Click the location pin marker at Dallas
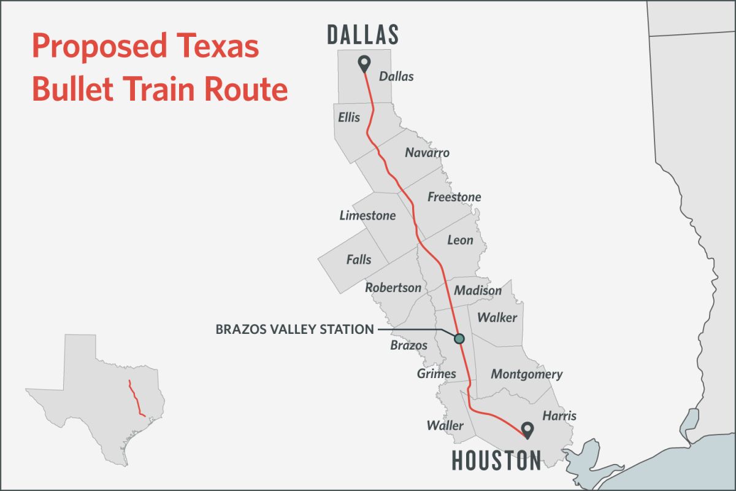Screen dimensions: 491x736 point(364,63)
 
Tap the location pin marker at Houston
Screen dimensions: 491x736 point(526,430)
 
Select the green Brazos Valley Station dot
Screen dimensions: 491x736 point(459,338)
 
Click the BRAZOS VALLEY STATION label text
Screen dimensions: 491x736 point(294,330)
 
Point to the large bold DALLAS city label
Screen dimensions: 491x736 point(363,34)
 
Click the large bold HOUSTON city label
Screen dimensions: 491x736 point(497,460)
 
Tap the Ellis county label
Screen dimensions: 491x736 point(349,117)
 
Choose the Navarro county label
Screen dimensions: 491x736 point(427,152)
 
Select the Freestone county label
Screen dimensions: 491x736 point(454,197)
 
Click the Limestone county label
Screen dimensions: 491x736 point(367,215)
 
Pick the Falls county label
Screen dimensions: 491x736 point(359,260)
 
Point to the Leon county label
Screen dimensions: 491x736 point(460,240)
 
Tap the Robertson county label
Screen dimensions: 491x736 point(393,287)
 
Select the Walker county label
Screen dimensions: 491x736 point(497,318)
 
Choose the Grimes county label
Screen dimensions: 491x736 point(436,373)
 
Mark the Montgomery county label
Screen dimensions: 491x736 point(526,374)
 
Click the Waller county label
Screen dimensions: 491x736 point(445,425)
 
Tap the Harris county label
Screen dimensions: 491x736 point(559,416)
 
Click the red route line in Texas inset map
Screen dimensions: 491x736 point(135,399)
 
